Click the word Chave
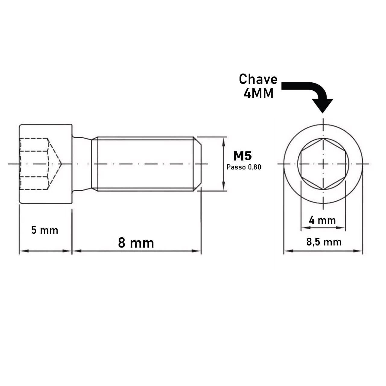point(258,79)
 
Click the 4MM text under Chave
point(258,94)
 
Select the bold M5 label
point(242,156)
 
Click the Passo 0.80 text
point(244,167)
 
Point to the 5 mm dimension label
point(45,230)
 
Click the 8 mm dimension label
point(136,242)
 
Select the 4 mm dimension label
point(322,220)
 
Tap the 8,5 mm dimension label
point(324,242)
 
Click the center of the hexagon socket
point(323,164)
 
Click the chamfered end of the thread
point(198,164)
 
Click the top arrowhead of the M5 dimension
point(223,140)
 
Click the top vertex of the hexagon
point(323,139)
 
